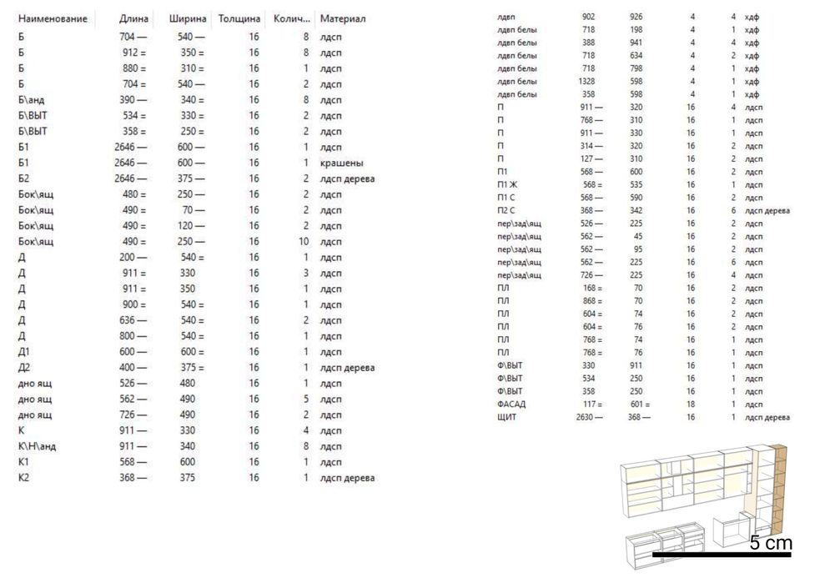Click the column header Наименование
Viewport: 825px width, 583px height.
tap(53, 18)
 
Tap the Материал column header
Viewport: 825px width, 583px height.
tap(342, 18)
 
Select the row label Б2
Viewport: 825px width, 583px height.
tap(23, 178)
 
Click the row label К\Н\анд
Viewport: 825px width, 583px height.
tap(37, 446)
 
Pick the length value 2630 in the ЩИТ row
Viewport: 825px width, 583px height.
tap(585, 417)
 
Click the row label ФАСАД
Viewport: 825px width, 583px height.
tap(511, 405)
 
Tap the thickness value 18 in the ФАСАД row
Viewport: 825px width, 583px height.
tap(691, 405)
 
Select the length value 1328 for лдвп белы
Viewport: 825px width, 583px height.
tap(586, 82)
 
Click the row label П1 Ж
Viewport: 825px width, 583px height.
tap(507, 185)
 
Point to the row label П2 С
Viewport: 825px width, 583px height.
tap(506, 211)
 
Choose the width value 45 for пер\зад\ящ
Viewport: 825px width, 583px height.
tap(637, 236)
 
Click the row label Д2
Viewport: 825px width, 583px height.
tap(23, 368)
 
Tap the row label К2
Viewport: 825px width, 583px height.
tap(23, 478)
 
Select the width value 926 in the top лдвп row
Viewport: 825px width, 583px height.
tap(636, 17)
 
